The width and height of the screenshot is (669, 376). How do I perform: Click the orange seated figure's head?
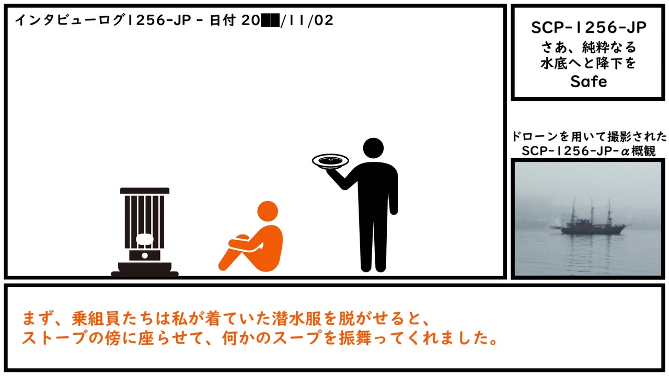pyautogui.click(x=268, y=211)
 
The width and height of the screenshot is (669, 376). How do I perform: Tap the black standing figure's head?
pyautogui.click(x=373, y=148)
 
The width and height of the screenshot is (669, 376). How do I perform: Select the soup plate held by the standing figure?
pyautogui.click(x=330, y=161)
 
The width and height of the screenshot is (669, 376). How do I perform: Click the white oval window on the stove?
pyautogui.click(x=145, y=239)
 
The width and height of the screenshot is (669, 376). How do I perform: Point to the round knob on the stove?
pyautogui.click(x=145, y=256)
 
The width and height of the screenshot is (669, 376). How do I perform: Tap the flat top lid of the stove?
pyautogui.click(x=145, y=191)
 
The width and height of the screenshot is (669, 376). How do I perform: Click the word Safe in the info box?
pyautogui.click(x=589, y=81)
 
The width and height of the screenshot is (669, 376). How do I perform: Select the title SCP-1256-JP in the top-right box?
pyautogui.click(x=589, y=28)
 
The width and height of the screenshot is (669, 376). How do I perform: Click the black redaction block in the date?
pyautogui.click(x=270, y=20)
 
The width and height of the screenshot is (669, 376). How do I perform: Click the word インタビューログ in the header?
pyautogui.click(x=70, y=20)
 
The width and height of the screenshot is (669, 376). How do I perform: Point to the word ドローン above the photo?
pyautogui.click(x=535, y=137)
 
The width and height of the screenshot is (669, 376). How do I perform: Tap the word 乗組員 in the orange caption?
pyautogui.click(x=96, y=319)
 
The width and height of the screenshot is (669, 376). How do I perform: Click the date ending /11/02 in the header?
pyautogui.click(x=307, y=20)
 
